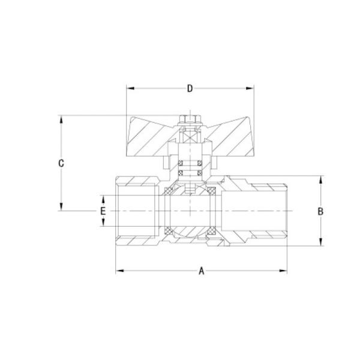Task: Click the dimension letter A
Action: point(202,271)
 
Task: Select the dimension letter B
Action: point(320,211)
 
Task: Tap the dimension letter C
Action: point(61,163)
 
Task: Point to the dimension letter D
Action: point(190,89)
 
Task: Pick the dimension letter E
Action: point(103,211)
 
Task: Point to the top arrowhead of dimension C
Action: point(61,119)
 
